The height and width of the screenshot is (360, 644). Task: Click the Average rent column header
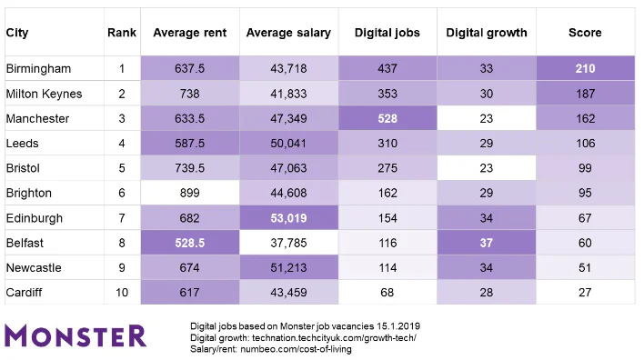click(x=188, y=33)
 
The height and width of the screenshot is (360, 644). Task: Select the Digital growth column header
click(x=486, y=33)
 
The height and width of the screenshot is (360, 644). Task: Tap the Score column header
click(x=585, y=33)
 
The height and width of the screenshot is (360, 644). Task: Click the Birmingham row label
click(x=38, y=69)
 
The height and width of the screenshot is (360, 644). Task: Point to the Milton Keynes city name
click(x=44, y=94)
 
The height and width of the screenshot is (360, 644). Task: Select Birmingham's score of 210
click(x=585, y=69)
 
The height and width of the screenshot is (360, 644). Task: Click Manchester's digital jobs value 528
click(x=387, y=118)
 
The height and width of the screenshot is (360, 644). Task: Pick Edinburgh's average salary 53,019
click(x=288, y=218)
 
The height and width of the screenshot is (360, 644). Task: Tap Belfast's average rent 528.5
click(x=188, y=243)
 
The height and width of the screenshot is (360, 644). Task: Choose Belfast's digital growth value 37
click(x=486, y=243)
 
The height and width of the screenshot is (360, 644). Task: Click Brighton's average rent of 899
click(x=188, y=193)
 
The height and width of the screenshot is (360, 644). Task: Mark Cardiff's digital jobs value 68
click(x=387, y=293)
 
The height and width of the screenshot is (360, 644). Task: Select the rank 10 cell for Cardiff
click(x=121, y=293)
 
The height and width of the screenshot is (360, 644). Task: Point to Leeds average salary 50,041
click(x=288, y=144)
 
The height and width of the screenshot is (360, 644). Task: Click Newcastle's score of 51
click(x=585, y=268)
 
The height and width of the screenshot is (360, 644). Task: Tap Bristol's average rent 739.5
click(x=188, y=168)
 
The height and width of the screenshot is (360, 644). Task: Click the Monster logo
click(x=75, y=335)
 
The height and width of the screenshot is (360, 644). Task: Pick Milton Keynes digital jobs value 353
click(x=387, y=94)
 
